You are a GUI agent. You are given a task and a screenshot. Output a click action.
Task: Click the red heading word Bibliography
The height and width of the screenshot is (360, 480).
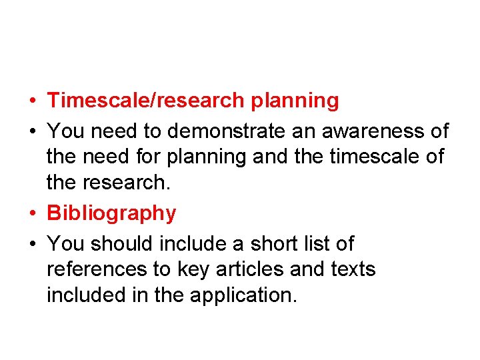click(x=111, y=214)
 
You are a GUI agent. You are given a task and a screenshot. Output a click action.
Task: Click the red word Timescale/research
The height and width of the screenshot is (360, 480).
click(x=146, y=101)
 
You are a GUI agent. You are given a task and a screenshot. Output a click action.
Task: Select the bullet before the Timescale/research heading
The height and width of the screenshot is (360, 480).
click(x=33, y=101)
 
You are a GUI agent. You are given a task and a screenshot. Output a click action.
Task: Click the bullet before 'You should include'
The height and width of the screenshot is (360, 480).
click(x=33, y=244)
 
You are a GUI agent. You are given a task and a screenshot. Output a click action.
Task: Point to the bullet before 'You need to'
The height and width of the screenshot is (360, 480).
click(x=33, y=131)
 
